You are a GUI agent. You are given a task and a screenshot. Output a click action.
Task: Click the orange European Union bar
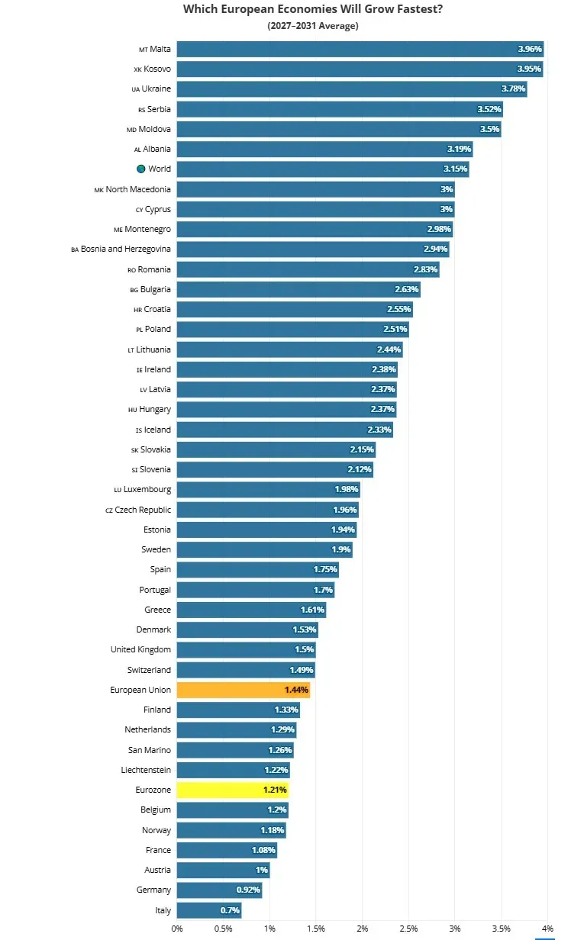pos(244,690)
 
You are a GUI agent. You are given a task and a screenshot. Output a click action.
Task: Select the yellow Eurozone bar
pos(233,790)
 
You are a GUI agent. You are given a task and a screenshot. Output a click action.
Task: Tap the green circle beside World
pos(141,169)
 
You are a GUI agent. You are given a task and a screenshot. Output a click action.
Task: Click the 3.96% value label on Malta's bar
pos(530,49)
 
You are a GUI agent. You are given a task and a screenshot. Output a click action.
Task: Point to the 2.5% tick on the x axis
pos(408,929)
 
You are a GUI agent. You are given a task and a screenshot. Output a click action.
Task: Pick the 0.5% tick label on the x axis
pos(223,929)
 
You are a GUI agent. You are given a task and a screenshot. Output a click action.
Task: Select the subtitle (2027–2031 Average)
pos(313,26)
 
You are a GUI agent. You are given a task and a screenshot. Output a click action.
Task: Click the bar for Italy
pos(209,910)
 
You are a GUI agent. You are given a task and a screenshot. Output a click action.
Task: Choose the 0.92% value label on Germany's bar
pos(248,890)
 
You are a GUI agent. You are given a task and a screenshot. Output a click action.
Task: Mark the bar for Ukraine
pos(352,89)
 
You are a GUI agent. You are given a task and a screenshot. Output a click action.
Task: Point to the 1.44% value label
pos(296,690)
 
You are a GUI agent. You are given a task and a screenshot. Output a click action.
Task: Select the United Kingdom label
pos(140,649)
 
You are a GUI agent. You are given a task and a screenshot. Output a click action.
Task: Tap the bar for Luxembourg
pos(268,489)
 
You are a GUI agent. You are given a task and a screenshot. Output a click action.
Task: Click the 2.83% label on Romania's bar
pos(425,269)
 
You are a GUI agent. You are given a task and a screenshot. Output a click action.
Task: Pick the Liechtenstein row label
pos(146,770)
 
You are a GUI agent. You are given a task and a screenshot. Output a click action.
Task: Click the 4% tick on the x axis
pos(547,929)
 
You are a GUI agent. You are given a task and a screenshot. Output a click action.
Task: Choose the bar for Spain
pos(258,569)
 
